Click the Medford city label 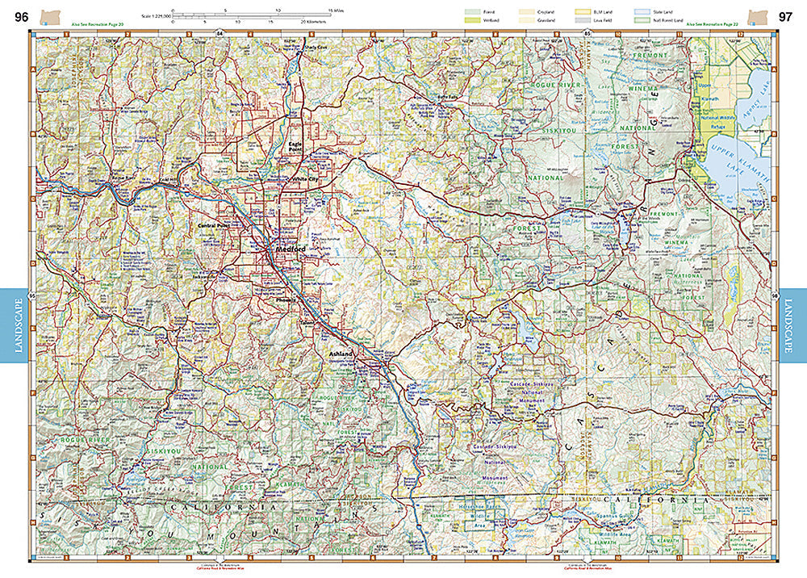[x=288, y=250]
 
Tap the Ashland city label [x=341, y=354]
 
